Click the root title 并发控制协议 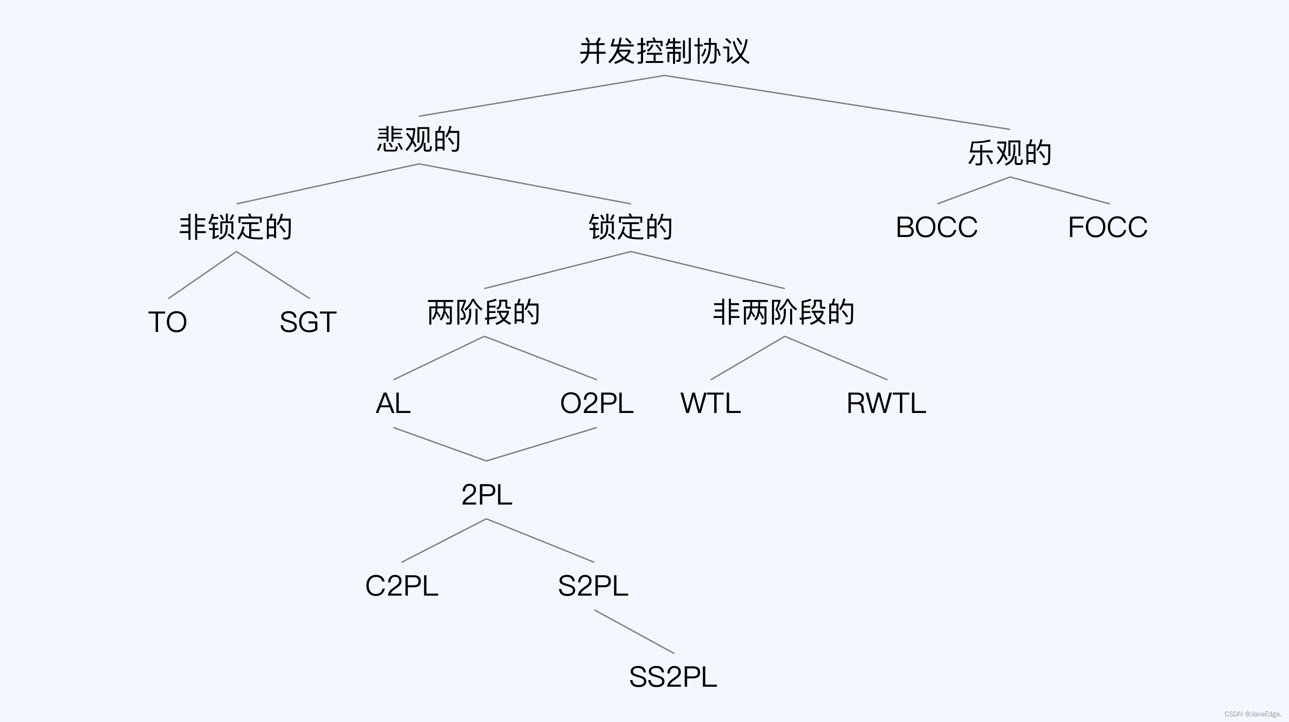(x=664, y=52)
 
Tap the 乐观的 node (x=1009, y=153)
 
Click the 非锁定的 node (x=236, y=227)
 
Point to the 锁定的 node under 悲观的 (x=631, y=227)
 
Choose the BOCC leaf (x=936, y=227)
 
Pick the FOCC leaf (x=1108, y=227)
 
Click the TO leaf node (x=168, y=322)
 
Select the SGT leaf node (x=308, y=322)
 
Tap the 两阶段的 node (x=483, y=312)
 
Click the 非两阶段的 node (x=783, y=312)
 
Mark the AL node (x=393, y=403)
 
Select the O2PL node (x=596, y=403)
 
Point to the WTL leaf (x=710, y=403)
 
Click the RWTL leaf (x=886, y=403)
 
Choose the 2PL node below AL (x=486, y=495)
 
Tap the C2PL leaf (x=402, y=586)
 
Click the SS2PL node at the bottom (x=673, y=678)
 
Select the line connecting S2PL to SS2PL (x=634, y=632)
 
